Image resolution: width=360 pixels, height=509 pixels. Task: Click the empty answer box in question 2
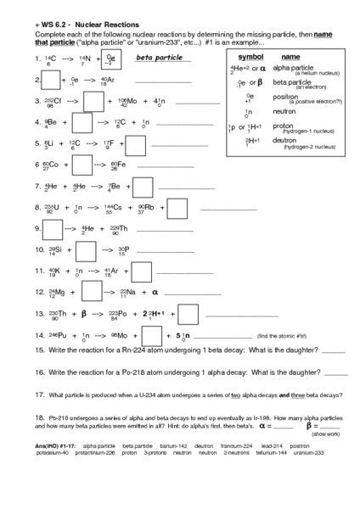click(x=49, y=81)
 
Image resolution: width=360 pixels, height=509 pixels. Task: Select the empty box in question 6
click(x=82, y=164)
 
